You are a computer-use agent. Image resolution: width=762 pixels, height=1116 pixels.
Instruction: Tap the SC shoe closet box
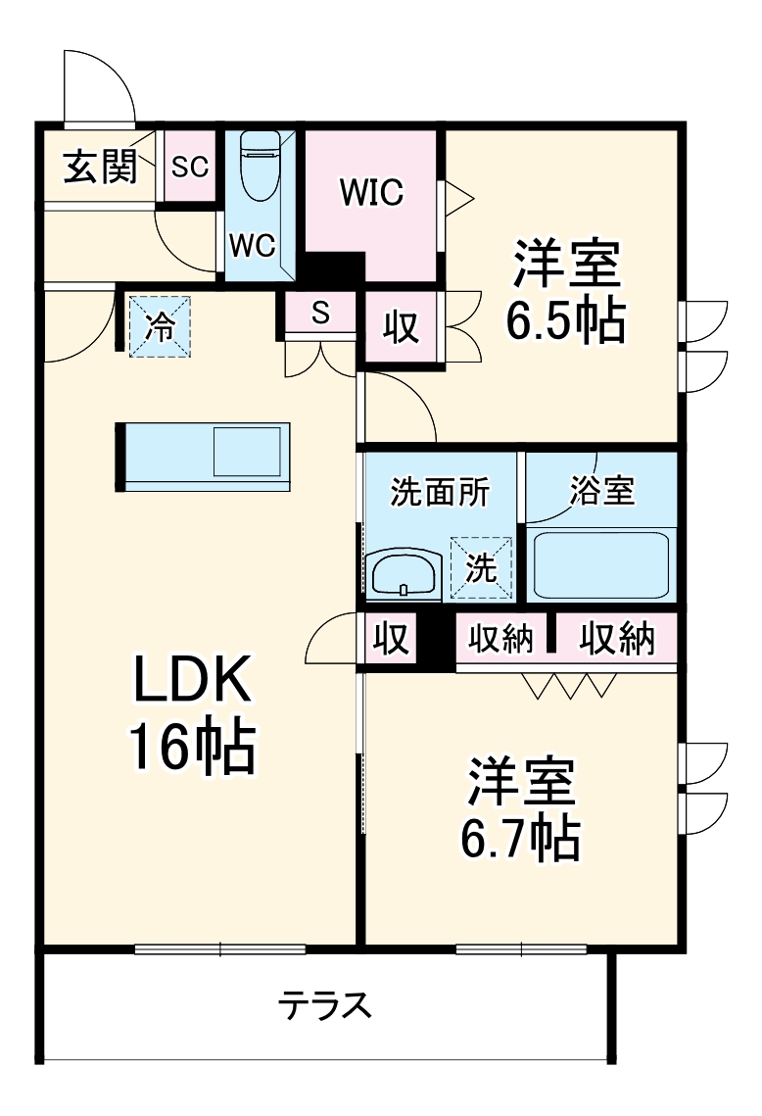pyautogui.click(x=189, y=167)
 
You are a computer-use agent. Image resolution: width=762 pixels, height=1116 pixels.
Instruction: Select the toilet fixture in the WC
pyautogui.click(x=261, y=167)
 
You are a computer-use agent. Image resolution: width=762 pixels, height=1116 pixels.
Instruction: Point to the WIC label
pyautogui.click(x=371, y=193)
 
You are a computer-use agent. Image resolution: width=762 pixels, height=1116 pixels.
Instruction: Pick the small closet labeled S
pyautogui.click(x=319, y=314)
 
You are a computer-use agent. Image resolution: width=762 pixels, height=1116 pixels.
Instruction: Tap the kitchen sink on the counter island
pyautogui.click(x=247, y=452)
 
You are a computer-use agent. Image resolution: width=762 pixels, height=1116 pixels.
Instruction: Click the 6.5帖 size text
pyautogui.click(x=565, y=319)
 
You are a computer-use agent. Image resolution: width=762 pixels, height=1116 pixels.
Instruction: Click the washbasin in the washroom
pyautogui.click(x=405, y=573)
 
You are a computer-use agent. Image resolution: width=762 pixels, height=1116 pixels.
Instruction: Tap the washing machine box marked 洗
pyautogui.click(x=481, y=569)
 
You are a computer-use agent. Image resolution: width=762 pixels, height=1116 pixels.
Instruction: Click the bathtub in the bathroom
pyautogui.click(x=600, y=565)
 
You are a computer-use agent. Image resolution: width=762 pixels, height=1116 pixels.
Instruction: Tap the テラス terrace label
pyautogui.click(x=325, y=1006)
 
